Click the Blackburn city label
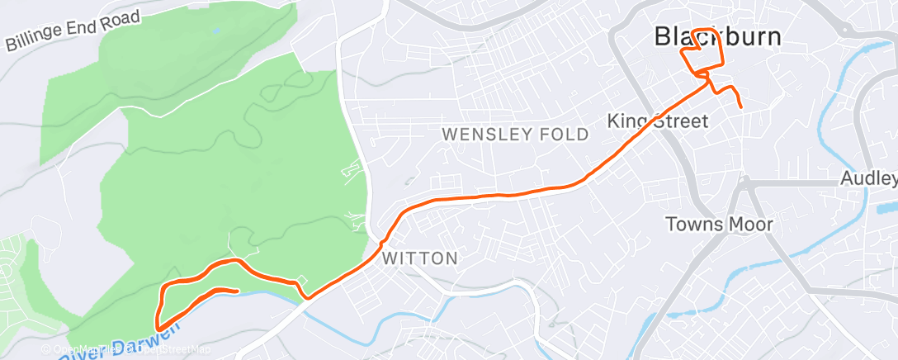(x=717, y=36)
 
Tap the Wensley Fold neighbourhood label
(x=516, y=134)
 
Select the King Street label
(x=658, y=121)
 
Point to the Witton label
(x=420, y=258)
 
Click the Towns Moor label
(x=719, y=224)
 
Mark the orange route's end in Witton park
(x=238, y=291)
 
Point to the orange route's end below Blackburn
(x=741, y=107)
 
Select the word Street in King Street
(x=680, y=121)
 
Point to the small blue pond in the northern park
(x=216, y=30)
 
